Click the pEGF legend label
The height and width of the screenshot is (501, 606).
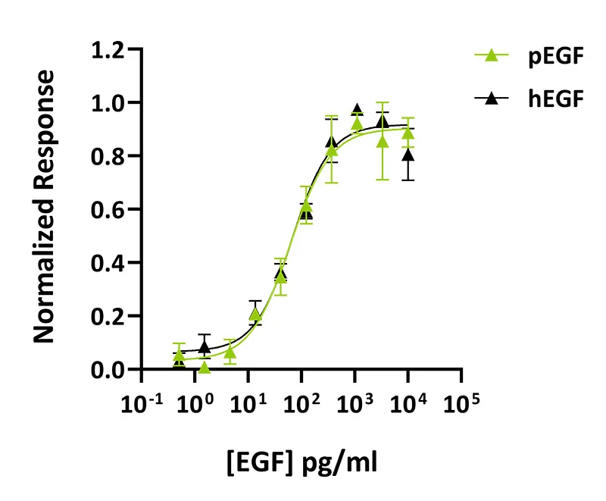556,56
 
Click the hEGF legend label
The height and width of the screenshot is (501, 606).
556,99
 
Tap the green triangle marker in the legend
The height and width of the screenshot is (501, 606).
491,55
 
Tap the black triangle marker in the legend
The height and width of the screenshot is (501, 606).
491,99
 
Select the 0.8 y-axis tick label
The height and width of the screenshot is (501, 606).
108,157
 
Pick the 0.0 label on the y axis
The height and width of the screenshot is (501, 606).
108,370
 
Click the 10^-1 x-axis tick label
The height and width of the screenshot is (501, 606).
142,403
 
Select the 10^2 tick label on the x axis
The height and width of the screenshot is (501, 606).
301,403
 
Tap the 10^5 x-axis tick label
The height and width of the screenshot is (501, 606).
461,403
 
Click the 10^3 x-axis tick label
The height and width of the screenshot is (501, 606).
355,403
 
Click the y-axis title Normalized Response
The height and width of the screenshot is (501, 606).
44,206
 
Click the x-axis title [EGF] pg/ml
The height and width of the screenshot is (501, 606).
301,462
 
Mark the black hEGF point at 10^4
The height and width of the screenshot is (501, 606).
408,155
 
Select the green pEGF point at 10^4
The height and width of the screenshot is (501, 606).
408,133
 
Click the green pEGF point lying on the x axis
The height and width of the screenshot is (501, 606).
205,368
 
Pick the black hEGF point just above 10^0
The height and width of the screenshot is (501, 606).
205,348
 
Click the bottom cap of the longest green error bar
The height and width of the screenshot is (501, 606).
383,180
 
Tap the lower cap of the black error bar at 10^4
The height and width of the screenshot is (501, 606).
408,180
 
